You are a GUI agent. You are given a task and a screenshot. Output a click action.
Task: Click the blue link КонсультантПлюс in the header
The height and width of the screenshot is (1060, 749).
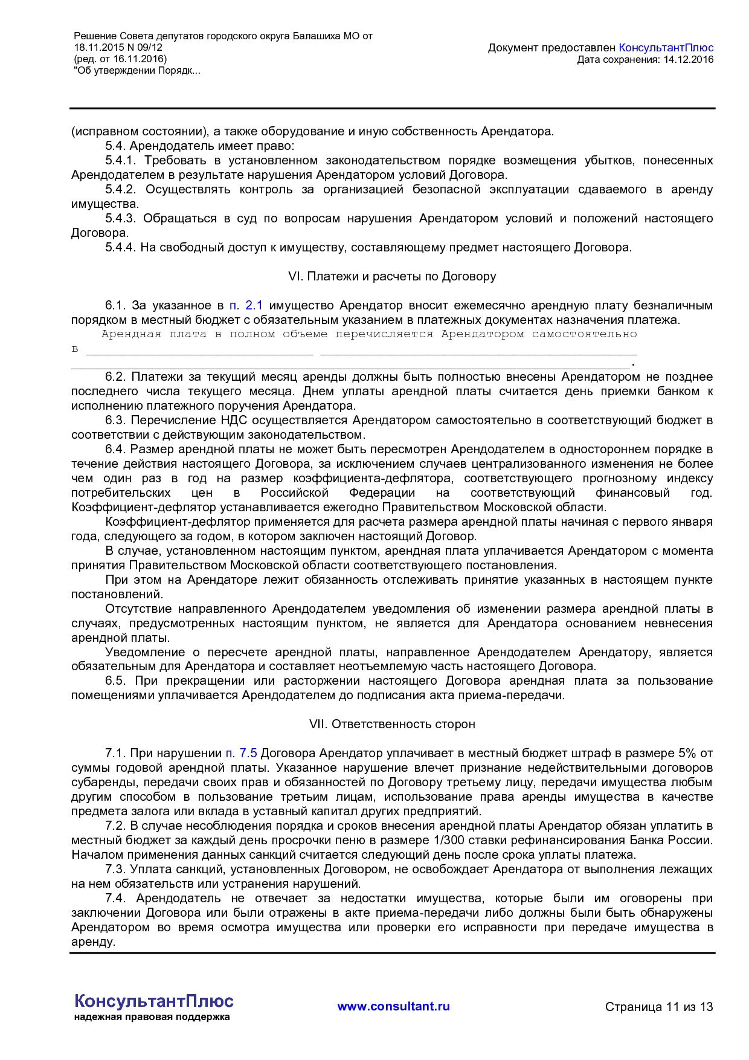pyautogui.click(x=666, y=48)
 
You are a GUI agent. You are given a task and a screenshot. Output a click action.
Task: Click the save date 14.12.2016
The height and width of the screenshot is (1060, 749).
pyautogui.click(x=688, y=59)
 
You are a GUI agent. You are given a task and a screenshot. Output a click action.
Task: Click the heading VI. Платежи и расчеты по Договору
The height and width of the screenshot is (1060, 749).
pyautogui.click(x=392, y=276)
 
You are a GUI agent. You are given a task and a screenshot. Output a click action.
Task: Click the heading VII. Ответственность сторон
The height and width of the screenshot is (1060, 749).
pyautogui.click(x=392, y=724)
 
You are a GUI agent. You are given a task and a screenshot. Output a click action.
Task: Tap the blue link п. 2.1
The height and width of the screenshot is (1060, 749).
pyautogui.click(x=246, y=305)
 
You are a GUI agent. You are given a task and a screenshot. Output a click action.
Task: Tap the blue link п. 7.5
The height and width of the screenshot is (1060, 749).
pyautogui.click(x=241, y=753)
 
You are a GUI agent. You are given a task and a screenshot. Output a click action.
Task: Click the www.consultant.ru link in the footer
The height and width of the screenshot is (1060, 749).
pyautogui.click(x=393, y=1006)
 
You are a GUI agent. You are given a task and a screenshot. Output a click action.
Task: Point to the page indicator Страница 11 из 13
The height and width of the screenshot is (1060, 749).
pyautogui.click(x=658, y=1007)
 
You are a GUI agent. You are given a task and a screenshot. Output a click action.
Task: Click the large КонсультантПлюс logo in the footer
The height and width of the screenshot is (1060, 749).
pyautogui.click(x=153, y=1001)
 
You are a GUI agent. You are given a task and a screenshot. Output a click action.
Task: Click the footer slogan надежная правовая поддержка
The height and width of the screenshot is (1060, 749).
pyautogui.click(x=152, y=1017)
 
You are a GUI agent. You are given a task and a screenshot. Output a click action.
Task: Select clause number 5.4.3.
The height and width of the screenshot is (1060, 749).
pyautogui.click(x=121, y=218)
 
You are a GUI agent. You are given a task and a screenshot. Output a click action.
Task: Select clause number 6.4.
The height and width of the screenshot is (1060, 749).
pyautogui.click(x=114, y=449)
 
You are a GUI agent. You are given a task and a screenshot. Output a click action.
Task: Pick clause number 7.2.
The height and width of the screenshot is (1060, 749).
pyautogui.click(x=114, y=826)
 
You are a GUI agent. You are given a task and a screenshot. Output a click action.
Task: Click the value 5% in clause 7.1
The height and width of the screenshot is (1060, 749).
pyautogui.click(x=687, y=753)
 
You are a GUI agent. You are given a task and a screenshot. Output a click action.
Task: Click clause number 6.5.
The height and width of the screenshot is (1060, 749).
pyautogui.click(x=114, y=680)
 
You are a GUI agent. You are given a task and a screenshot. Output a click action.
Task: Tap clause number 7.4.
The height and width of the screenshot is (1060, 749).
pyautogui.click(x=114, y=898)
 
